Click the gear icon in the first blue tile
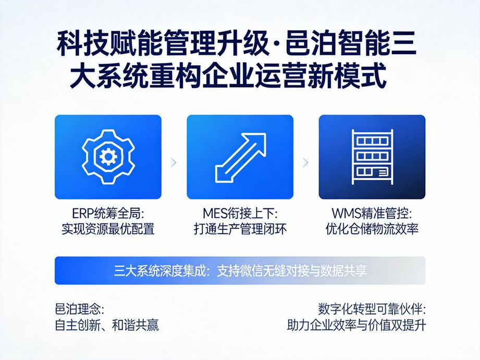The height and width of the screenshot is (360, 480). pos(108,156)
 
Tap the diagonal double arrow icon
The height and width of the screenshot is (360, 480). pos(240,156)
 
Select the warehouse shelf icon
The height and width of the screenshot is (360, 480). pos(372,156)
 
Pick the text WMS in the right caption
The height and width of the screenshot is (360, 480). pos(346,214)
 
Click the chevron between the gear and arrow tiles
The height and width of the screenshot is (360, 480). pos(174,163)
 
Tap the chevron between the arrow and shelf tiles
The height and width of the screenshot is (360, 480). pos(306,163)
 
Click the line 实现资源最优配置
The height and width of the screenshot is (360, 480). pos(108,229)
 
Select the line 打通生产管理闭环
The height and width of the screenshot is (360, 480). pos(240,229)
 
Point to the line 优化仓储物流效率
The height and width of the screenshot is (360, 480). pos(372,229)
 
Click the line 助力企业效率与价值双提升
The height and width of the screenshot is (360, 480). pos(356,326)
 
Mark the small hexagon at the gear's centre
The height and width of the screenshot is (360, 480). pos(108,155)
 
